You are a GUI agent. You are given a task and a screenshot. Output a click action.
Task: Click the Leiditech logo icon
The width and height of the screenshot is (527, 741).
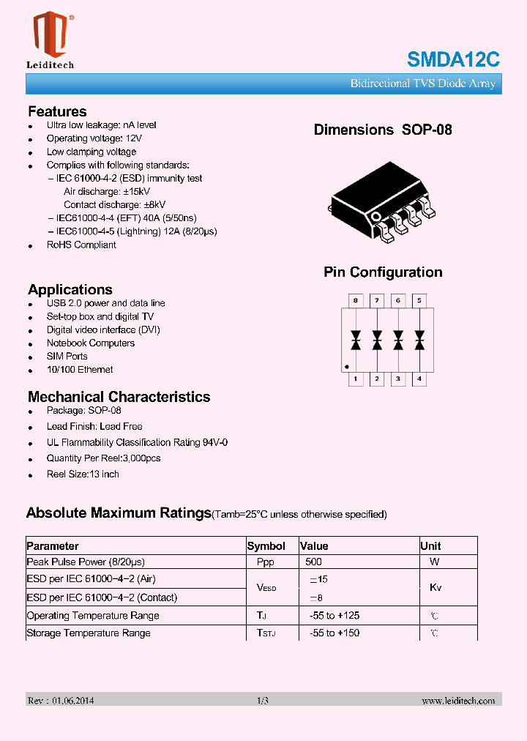[50, 34]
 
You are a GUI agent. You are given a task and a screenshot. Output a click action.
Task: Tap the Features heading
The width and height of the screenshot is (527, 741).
[57, 112]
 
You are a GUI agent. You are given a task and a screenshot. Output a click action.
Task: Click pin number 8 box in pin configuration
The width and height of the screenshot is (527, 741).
[356, 300]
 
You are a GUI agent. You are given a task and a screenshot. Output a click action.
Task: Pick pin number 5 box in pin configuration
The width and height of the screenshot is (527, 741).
[419, 300]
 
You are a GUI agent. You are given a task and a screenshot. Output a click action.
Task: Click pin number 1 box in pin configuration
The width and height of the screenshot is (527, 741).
[356, 379]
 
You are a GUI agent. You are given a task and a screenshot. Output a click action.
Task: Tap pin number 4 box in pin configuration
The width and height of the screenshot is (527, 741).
[419, 379]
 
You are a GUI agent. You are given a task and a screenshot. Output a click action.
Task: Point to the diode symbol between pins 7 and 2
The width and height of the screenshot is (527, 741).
[377, 340]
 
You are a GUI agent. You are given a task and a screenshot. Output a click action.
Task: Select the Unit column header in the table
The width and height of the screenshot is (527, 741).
[431, 546]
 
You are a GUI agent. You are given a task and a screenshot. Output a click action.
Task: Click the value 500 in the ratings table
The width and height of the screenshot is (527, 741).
[313, 562]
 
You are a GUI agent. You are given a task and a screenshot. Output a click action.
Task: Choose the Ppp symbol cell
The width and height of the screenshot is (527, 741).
[265, 562]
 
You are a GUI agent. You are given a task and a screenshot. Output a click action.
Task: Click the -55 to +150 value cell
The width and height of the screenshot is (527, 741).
[334, 633]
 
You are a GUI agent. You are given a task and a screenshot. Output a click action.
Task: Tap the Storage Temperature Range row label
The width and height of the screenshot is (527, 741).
[89, 633]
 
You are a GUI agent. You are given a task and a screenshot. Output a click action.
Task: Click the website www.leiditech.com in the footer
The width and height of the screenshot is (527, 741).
[458, 701]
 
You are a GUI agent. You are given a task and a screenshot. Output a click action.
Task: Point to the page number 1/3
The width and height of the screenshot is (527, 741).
[263, 701]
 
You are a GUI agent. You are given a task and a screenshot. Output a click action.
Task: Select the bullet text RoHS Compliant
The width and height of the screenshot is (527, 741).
[81, 245]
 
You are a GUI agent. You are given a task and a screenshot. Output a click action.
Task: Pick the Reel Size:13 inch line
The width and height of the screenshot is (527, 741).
[83, 474]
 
